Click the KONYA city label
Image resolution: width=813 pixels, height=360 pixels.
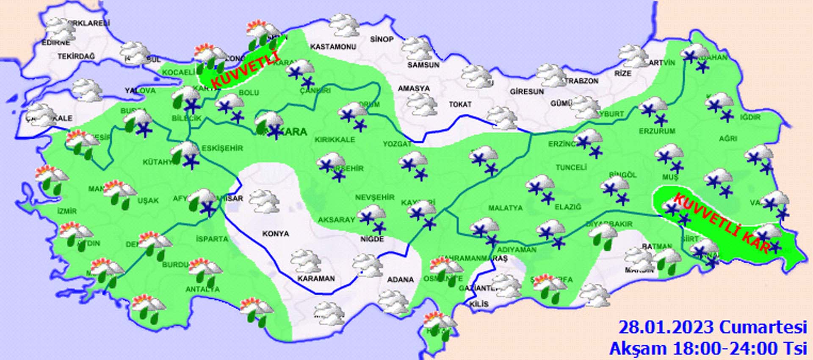click(276, 234)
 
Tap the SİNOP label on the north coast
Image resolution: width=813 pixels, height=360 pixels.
click(382, 39)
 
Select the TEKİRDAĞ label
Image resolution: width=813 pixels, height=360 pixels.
click(76, 56)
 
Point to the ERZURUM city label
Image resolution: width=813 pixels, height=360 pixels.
click(657, 131)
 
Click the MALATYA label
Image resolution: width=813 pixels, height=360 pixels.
click(505, 208)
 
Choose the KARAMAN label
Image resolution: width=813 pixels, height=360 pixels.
click(316, 279)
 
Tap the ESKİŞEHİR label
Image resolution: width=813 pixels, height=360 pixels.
click(222, 148)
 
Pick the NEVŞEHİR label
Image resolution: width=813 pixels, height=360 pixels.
click(374, 198)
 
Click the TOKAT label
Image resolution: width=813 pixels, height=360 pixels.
click(460, 104)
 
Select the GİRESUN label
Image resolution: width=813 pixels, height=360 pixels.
click(527, 92)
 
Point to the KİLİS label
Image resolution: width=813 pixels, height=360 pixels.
click(479, 304)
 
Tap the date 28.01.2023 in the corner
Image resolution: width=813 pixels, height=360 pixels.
click(667, 328)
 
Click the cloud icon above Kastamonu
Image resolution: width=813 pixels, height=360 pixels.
click(344, 25)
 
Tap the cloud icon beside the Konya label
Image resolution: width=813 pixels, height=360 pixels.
click(264, 201)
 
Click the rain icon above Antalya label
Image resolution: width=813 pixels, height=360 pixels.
click(205, 271)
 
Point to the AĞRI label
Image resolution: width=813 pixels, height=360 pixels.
click(728, 138)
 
